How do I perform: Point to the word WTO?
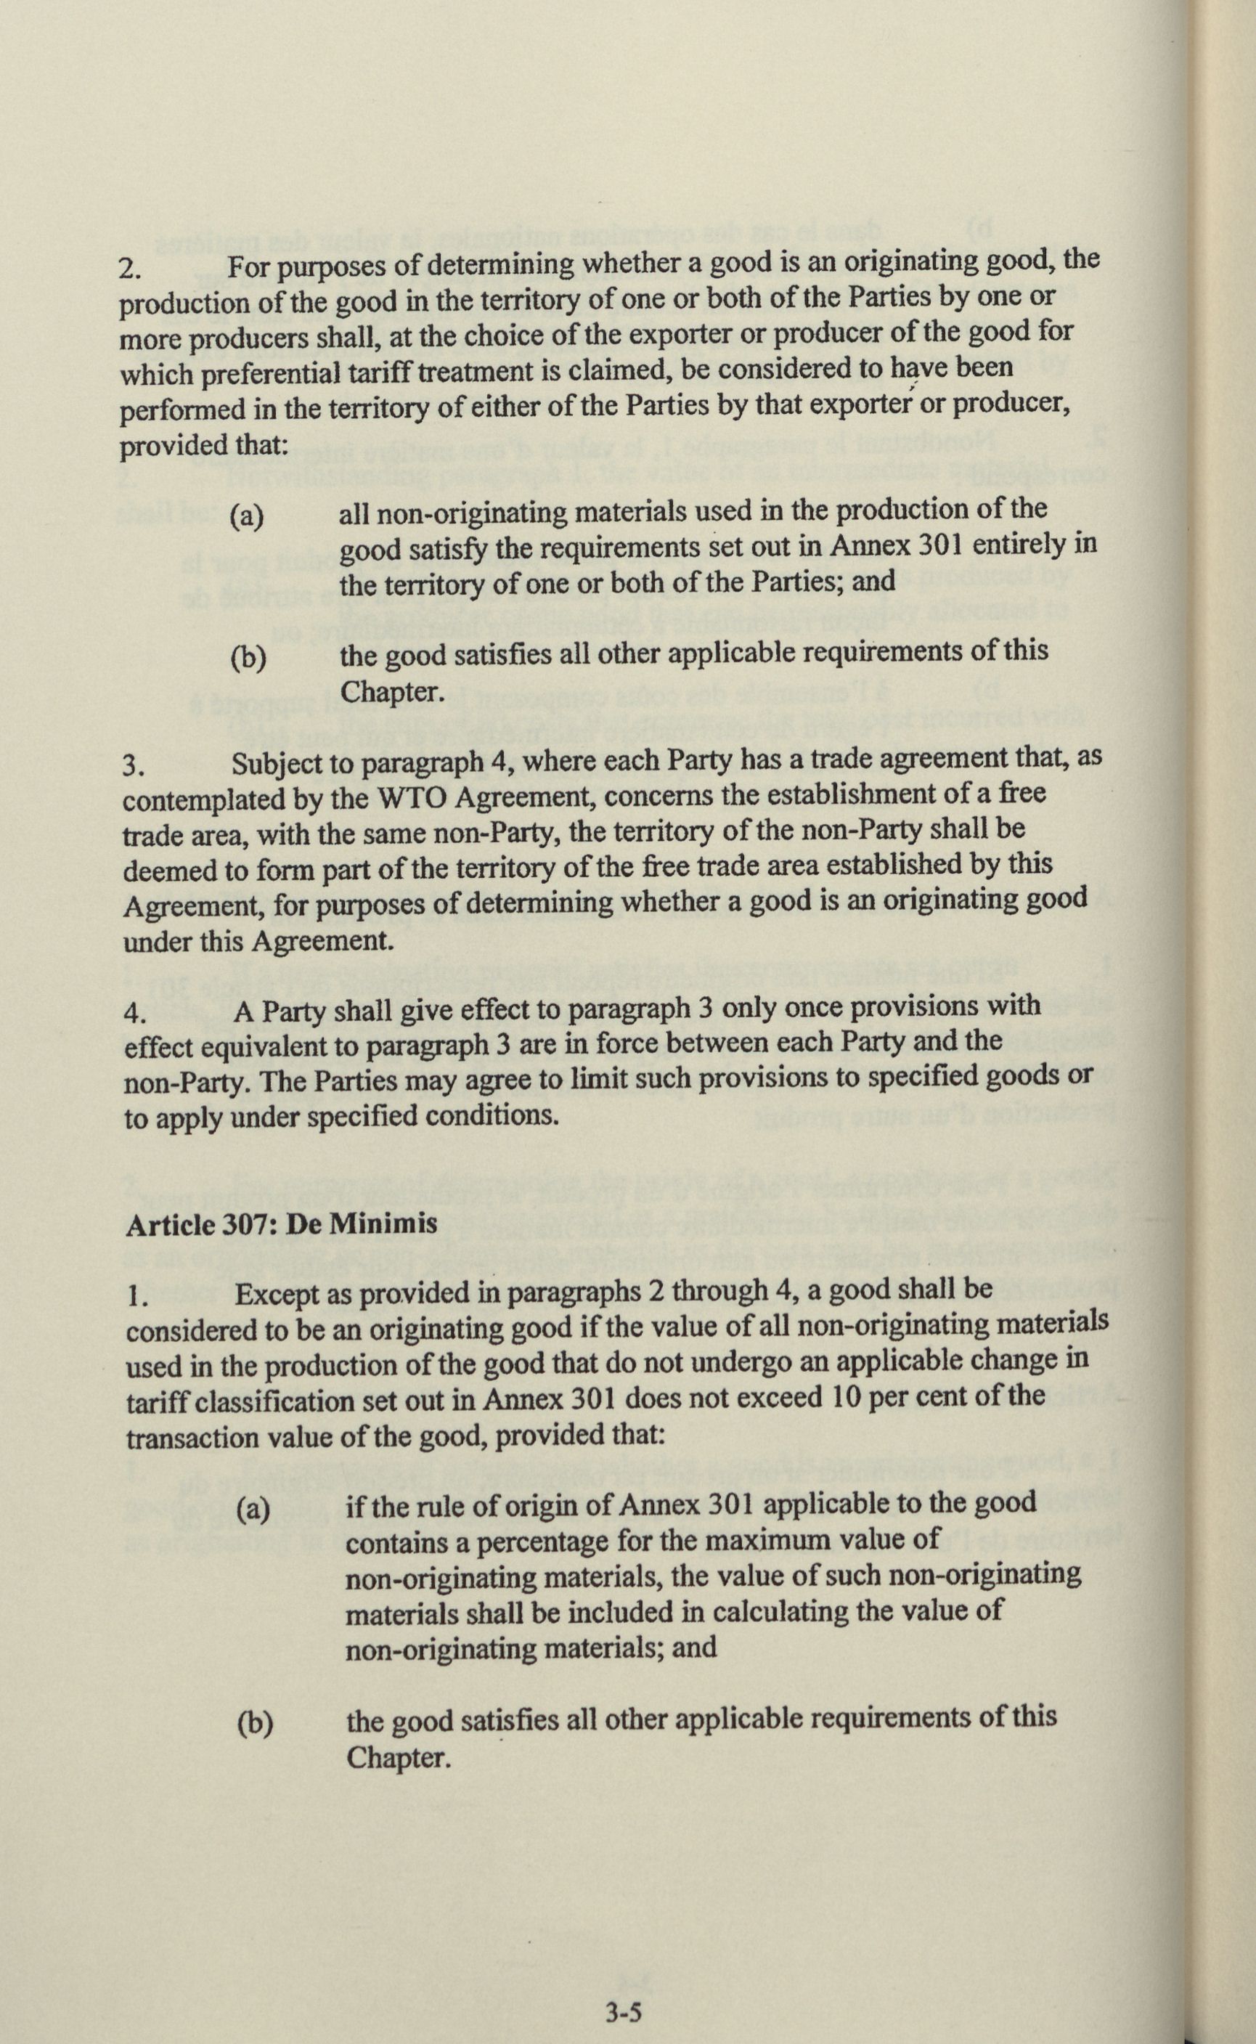pyautogui.click(x=413, y=796)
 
